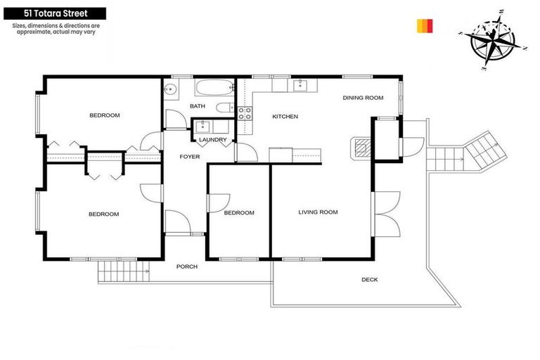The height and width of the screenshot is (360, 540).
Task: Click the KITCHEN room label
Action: pyautogui.click(x=285, y=117)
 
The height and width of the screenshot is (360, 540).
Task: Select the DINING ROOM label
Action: pyautogui.click(x=363, y=98)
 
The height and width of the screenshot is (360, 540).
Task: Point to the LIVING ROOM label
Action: pyautogui.click(x=318, y=212)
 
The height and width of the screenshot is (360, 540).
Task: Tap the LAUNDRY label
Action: pyautogui.click(x=212, y=140)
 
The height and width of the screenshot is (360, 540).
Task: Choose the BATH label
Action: pyautogui.click(x=198, y=106)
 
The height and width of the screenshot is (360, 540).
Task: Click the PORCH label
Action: pyautogui.click(x=186, y=266)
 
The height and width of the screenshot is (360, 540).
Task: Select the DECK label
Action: pyautogui.click(x=369, y=280)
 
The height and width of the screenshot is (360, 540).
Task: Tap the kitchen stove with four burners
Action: pyautogui.click(x=245, y=115)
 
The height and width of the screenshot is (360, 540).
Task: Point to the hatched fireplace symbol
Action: pyautogui.click(x=361, y=147)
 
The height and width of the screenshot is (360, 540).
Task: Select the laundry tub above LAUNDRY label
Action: pyautogui.click(x=204, y=127)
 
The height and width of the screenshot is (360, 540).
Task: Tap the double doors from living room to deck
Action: pyautogui.click(x=385, y=213)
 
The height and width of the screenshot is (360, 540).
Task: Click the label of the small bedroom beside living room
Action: pyautogui.click(x=238, y=213)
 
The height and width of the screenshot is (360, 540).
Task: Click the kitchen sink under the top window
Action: pyautogui.click(x=300, y=85)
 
